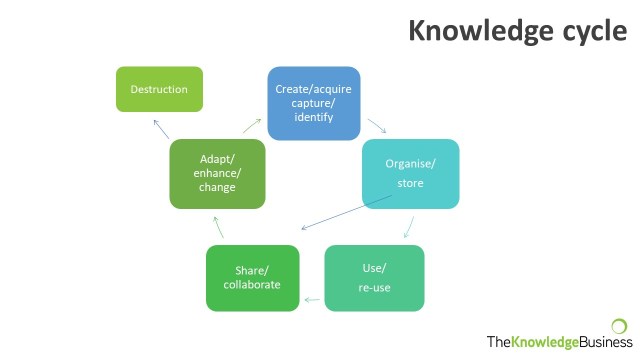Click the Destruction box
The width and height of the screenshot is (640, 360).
pos(159,89)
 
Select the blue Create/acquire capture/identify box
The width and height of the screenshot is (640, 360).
pos(313,103)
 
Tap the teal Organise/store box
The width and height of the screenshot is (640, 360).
pos(411,173)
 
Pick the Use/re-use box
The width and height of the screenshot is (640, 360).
pos(375,278)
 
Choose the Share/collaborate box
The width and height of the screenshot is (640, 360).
pos(253,278)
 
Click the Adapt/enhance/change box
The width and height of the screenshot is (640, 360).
pos(217,173)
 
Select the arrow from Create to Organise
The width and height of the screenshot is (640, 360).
pos(377,126)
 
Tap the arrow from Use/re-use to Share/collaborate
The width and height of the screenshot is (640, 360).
pos(313,299)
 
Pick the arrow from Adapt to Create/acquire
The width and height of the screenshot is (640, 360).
pos(252,126)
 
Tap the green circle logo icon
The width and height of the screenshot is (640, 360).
pos(619,325)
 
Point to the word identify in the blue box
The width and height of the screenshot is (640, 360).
pos(313,118)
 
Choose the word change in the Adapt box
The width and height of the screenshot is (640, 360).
pos(217,187)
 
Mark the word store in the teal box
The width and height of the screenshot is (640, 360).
pos(411,183)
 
